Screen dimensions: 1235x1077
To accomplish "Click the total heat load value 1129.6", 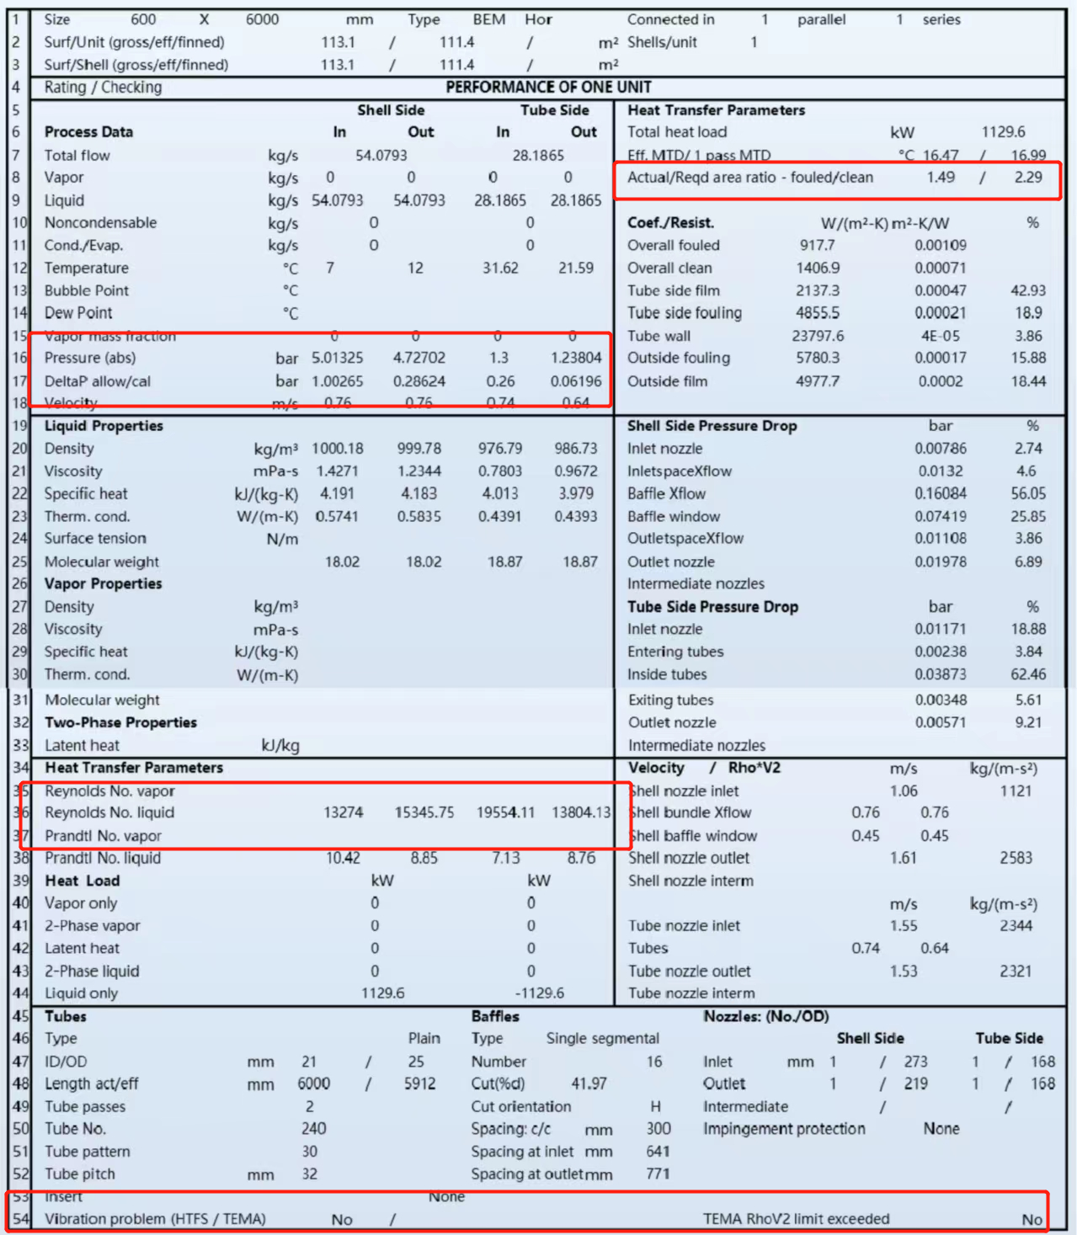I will (1003, 132).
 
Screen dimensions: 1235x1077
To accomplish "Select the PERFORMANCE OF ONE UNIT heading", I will (548, 88).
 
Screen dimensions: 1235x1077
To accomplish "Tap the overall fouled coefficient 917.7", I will (817, 246).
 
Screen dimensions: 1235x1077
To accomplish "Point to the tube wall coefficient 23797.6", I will (817, 336).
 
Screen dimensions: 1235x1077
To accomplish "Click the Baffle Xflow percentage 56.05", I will (1028, 494).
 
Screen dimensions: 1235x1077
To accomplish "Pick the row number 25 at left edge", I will (19, 562).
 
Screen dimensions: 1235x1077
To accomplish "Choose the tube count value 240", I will (313, 1129).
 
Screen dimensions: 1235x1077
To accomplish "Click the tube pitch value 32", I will (309, 1174).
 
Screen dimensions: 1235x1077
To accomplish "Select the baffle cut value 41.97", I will (589, 1084).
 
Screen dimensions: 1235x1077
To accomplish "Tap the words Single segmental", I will (602, 1039).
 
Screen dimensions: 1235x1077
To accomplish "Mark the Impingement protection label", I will (784, 1129).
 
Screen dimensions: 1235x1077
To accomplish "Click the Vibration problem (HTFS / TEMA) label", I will (155, 1219).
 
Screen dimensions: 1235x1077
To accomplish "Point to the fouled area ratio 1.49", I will (941, 178).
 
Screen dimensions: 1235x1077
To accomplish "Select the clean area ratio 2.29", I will (1028, 178).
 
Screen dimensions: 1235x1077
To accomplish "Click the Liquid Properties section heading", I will (104, 426).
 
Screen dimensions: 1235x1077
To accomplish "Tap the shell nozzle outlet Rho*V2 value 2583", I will (1016, 858).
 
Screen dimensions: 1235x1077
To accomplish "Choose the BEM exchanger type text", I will (488, 19).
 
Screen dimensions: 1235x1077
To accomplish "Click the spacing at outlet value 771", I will (658, 1174).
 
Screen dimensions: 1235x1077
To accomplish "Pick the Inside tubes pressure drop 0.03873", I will (941, 674).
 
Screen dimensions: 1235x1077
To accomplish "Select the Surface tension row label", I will (95, 539).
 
